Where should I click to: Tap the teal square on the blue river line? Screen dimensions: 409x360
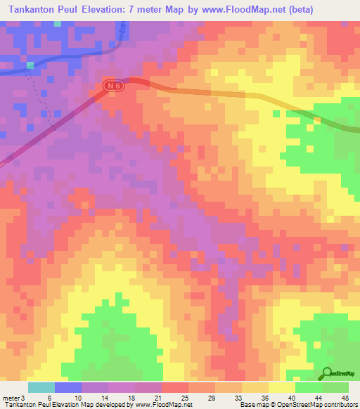(30, 65)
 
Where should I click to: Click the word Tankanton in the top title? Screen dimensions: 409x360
(37, 9)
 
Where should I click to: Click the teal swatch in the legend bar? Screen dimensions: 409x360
(41, 387)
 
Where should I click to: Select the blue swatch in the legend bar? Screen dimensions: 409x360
(68, 387)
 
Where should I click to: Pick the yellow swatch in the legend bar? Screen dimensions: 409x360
(255, 387)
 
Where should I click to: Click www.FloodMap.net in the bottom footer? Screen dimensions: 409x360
(162, 405)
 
